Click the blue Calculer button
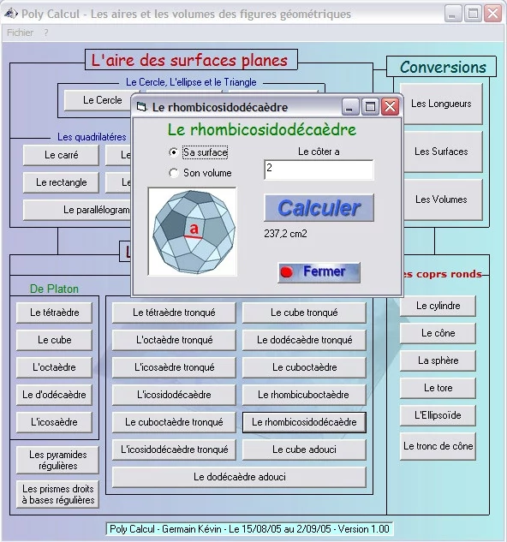pos(319,208)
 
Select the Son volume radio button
pos(174,173)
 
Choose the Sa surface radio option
pos(174,152)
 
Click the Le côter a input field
pos(319,170)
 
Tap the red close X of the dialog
pos(391,107)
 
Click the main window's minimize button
pos(453,14)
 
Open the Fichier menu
pos(20,33)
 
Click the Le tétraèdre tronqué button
pos(174,313)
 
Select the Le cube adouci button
pos(304,450)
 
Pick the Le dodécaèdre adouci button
pos(239,477)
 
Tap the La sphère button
pos(438,360)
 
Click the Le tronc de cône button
pos(438,446)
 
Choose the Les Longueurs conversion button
pos(441,104)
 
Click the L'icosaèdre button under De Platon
pos(54,422)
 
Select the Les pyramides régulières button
pos(57,460)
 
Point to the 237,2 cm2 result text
pos(285,234)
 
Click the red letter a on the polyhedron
pos(194,228)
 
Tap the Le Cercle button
pos(103,100)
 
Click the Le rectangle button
pos(61,182)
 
